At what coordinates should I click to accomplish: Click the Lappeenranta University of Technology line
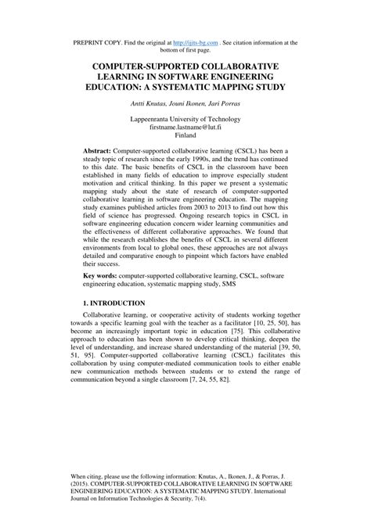tap(185, 117)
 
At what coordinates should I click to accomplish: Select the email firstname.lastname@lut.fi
tap(185, 126)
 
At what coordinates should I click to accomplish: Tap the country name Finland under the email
tap(185, 135)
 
